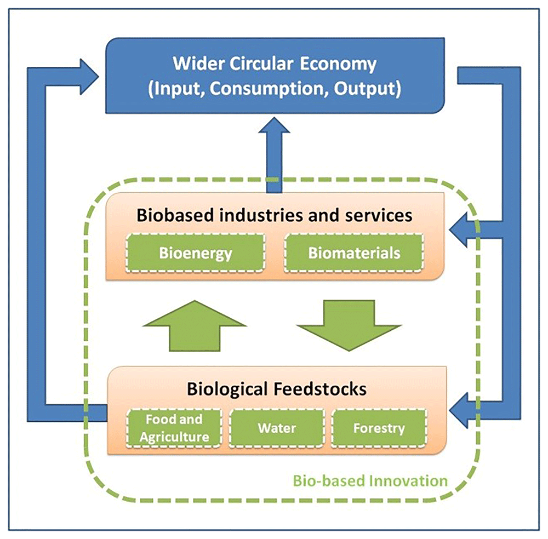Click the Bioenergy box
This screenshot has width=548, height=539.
(x=196, y=254)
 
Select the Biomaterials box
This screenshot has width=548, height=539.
(x=354, y=254)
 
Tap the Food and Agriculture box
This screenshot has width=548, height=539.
(x=174, y=428)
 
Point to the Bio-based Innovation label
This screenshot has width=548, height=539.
(x=370, y=481)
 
